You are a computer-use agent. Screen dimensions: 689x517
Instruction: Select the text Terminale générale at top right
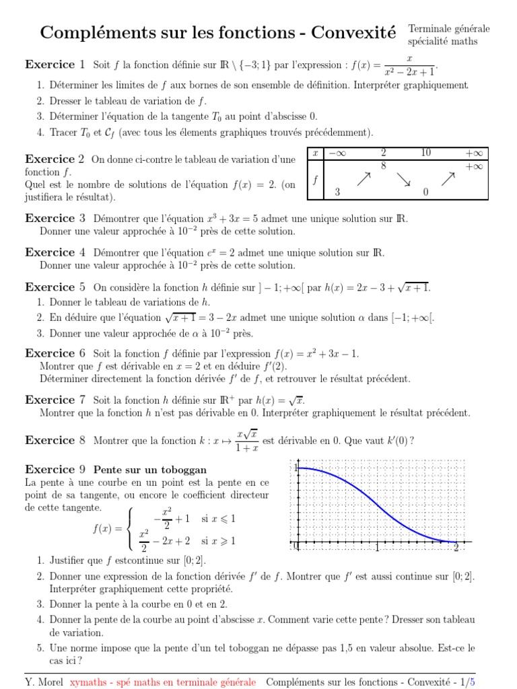[x=449, y=28]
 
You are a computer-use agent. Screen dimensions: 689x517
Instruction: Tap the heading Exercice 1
[x=55, y=65]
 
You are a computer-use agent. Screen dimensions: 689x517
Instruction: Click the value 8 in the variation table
[x=383, y=166]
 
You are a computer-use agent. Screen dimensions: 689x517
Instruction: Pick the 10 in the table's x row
[x=425, y=153]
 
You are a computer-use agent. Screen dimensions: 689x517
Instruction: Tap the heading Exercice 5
[x=55, y=287]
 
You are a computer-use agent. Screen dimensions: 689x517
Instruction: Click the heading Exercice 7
[x=55, y=400]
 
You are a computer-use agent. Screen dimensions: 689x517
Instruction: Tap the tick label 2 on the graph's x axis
[x=456, y=548]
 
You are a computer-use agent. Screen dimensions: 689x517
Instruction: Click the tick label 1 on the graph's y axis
[x=295, y=468]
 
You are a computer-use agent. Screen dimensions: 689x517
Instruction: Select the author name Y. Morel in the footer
[x=44, y=682]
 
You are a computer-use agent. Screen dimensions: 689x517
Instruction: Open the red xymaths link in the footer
[x=162, y=682]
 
